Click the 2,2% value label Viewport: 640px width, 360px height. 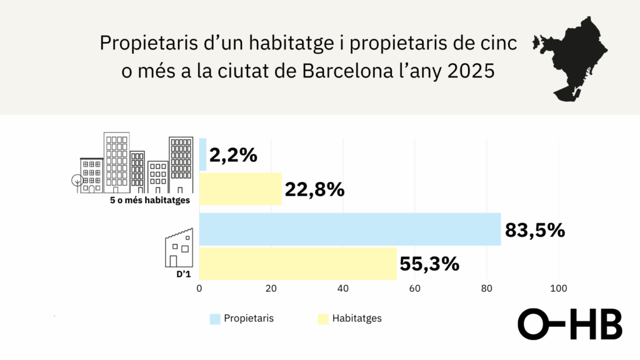coord(233,155)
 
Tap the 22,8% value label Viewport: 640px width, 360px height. coord(314,189)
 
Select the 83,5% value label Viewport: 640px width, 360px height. coord(534,229)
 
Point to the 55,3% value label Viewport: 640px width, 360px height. coord(429,264)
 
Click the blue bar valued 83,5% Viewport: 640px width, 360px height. coord(350,229)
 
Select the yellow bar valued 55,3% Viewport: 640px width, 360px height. coord(298,264)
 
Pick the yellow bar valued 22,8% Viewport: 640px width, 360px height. coord(241,189)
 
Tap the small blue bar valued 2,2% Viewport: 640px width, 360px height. coord(203,155)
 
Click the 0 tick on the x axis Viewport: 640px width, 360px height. coord(199,289)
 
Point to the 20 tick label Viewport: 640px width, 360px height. coord(271,289)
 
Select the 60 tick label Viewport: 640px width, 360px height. coord(414,289)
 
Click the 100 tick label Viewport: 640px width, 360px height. coord(558,289)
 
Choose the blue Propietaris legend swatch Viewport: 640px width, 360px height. coord(215,319)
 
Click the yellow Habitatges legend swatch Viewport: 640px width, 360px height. coord(323,319)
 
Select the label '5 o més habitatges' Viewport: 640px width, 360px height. coord(150,200)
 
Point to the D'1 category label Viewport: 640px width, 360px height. coord(182,274)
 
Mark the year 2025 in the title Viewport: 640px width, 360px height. coord(471,71)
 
